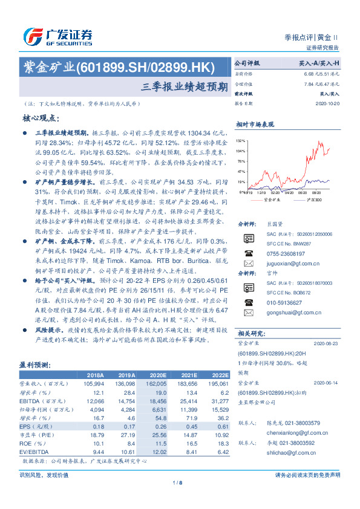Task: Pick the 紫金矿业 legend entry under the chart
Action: coord(273,199)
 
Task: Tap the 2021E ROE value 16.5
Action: coord(191,443)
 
